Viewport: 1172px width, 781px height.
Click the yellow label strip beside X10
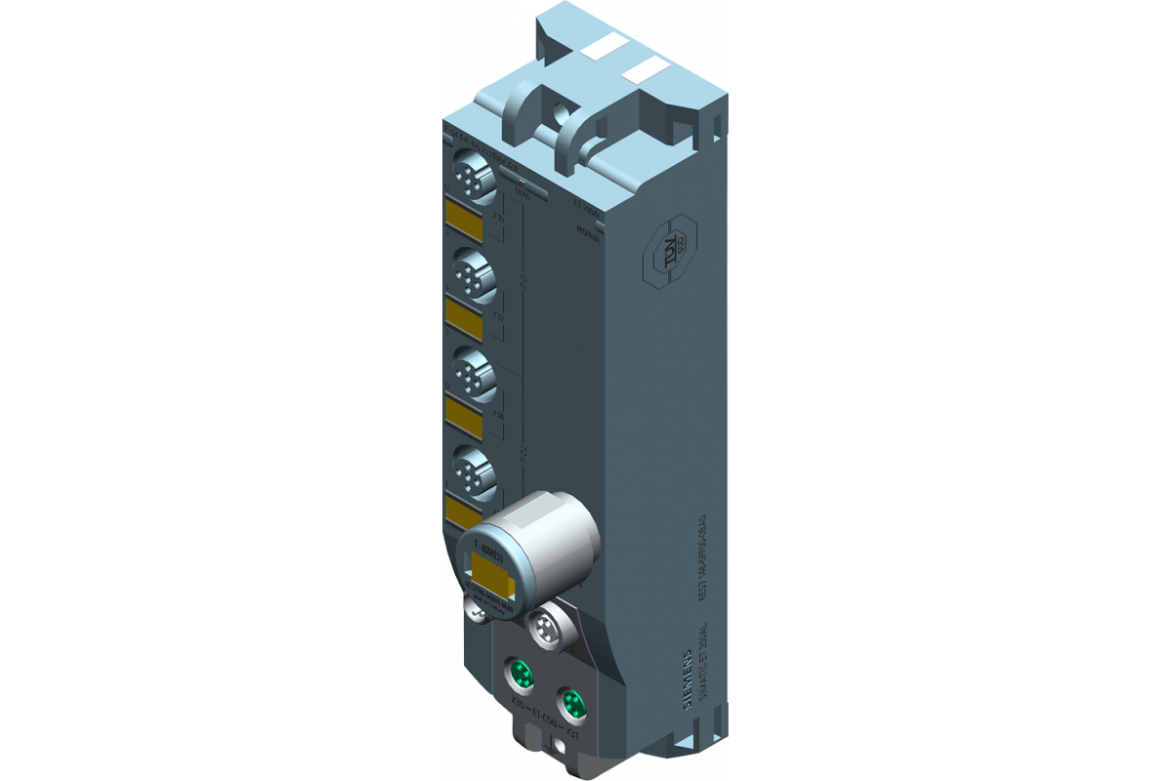point(463,222)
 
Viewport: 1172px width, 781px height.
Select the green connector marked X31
point(569,703)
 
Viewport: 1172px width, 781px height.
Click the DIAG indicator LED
point(521,183)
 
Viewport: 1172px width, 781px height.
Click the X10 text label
point(499,219)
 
